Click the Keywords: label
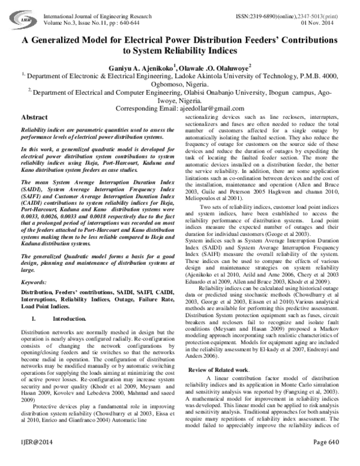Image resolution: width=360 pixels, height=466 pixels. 34,281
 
